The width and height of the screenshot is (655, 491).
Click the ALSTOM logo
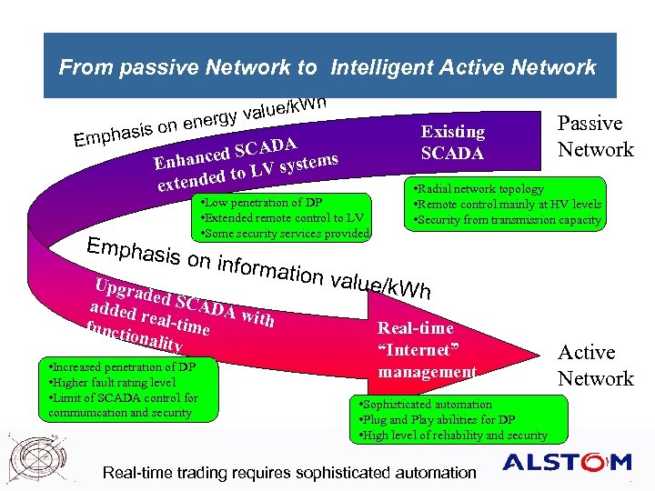coord(567,463)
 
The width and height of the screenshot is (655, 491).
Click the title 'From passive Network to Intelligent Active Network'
coord(327,66)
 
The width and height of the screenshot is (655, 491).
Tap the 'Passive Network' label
coord(595,136)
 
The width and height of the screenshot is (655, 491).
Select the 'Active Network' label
coord(595,365)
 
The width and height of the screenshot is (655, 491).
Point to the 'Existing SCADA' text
coord(452,143)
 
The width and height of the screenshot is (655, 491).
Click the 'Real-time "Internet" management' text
coord(427,350)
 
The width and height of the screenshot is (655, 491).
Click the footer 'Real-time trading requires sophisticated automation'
coord(289,472)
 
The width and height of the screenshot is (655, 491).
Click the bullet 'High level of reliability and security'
coord(454,436)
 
